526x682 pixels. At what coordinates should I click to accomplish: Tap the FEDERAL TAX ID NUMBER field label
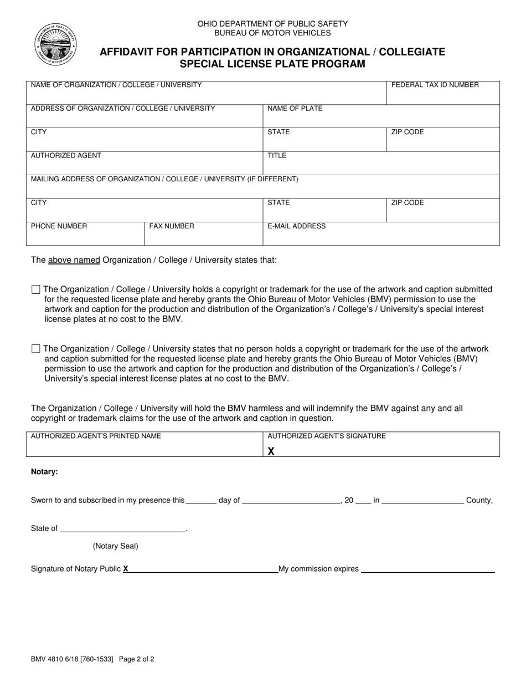click(435, 85)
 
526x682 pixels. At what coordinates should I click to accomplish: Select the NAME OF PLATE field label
click(295, 109)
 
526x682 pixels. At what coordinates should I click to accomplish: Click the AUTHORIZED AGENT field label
click(66, 156)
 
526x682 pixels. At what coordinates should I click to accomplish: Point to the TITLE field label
click(277, 156)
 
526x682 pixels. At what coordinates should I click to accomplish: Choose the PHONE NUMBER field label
click(59, 226)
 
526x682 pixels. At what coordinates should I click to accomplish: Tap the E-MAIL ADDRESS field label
click(296, 226)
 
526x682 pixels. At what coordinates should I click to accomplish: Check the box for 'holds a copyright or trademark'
click(36, 289)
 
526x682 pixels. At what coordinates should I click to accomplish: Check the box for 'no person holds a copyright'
click(36, 349)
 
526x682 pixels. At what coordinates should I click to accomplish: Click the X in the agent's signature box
click(271, 451)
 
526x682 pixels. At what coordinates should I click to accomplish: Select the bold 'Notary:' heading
click(44, 472)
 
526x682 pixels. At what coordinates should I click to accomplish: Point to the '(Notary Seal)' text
click(115, 546)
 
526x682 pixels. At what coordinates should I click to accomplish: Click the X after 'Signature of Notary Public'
click(126, 569)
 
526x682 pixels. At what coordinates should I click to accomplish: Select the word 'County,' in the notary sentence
click(479, 500)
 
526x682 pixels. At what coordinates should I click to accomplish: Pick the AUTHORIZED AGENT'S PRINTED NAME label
click(96, 436)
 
